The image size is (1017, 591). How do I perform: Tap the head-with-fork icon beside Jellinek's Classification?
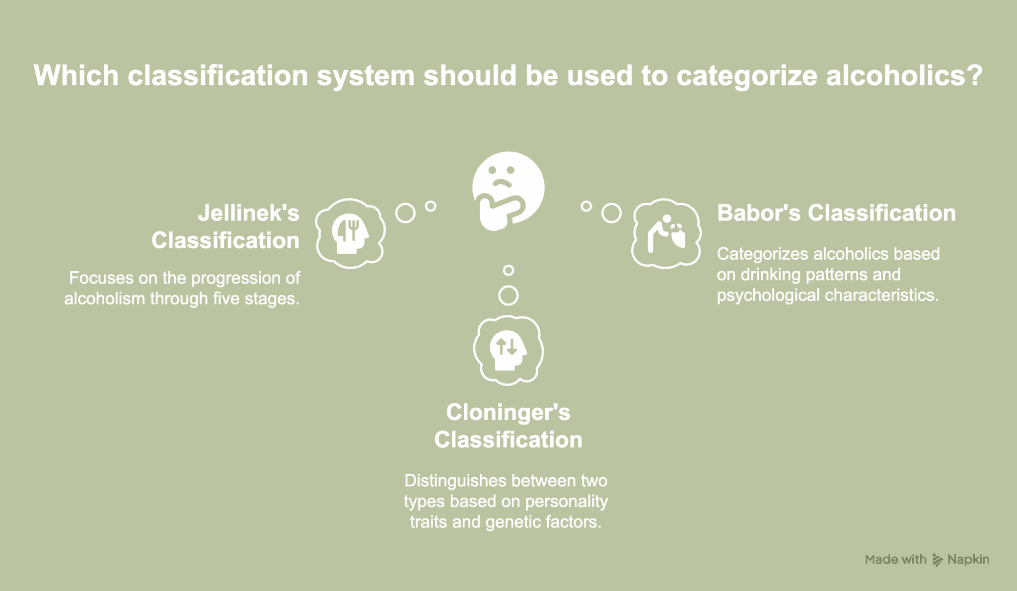click(x=351, y=233)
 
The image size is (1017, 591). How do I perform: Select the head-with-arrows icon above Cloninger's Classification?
click(x=508, y=350)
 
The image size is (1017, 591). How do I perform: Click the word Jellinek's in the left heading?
click(x=248, y=213)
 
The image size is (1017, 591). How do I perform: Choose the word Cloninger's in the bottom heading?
click(x=508, y=412)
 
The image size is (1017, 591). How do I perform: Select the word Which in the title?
click(x=76, y=75)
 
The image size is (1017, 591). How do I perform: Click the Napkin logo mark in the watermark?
click(x=937, y=560)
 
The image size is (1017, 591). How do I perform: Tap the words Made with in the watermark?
click(x=895, y=560)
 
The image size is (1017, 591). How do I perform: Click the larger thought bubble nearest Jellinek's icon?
click(x=405, y=213)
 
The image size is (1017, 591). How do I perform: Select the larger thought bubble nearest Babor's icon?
click(x=611, y=213)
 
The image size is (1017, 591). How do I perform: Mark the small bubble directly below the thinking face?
click(x=508, y=270)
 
